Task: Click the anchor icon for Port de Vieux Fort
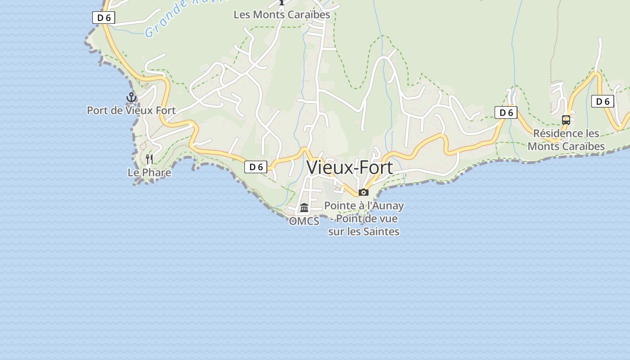pyautogui.click(x=131, y=97)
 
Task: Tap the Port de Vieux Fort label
pyautogui.click(x=131, y=110)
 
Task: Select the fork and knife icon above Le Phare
pyautogui.click(x=149, y=159)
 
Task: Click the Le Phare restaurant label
pyautogui.click(x=149, y=173)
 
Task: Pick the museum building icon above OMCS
pyautogui.click(x=304, y=208)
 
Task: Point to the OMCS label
pyautogui.click(x=304, y=221)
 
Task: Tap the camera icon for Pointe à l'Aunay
pyautogui.click(x=364, y=193)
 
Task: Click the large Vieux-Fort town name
pyautogui.click(x=350, y=167)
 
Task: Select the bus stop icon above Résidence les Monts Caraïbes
pyautogui.click(x=566, y=120)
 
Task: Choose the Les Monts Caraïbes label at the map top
pyautogui.click(x=282, y=14)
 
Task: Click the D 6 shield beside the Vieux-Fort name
pyautogui.click(x=256, y=167)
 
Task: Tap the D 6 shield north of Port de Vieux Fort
pyautogui.click(x=103, y=18)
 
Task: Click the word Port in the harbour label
pyautogui.click(x=97, y=110)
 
